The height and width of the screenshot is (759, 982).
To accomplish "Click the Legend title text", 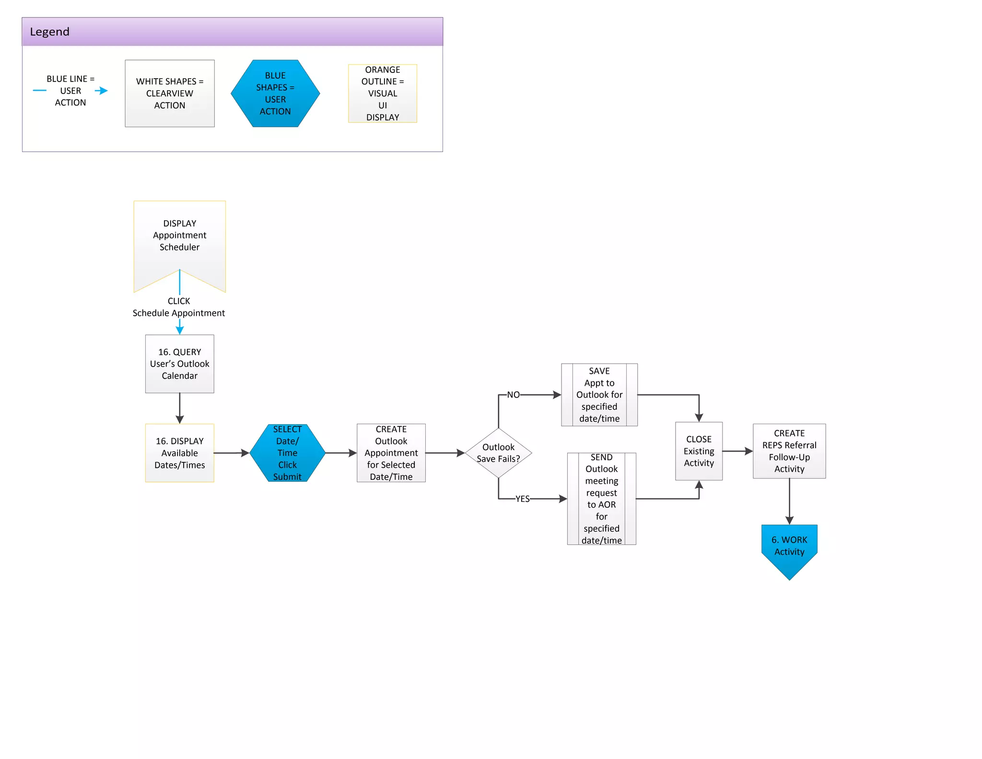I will pos(49,32).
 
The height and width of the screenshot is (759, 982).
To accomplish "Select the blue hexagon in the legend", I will pos(275,94).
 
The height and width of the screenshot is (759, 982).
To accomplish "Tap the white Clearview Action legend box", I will pos(170,94).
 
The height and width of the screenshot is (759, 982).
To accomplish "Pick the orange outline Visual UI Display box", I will pos(382,94).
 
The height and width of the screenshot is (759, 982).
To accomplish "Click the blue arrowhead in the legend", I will pos(102,91).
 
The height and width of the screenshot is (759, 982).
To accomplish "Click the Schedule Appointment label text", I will pos(178,313).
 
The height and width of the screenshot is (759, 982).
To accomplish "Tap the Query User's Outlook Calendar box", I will pos(179,364).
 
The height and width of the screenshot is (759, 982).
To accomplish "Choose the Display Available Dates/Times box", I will pos(179,453).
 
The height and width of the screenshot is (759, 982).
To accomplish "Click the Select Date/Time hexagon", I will pos(287,453).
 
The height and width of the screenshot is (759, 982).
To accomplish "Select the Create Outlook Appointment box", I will pos(391,453).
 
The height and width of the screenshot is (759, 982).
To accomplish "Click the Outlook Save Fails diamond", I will pos(498,453).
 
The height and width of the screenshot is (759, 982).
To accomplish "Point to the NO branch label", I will pos(513,395).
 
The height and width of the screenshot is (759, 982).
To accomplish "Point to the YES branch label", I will pos(522,499).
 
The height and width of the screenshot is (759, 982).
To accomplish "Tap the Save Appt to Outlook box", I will pos(599,395).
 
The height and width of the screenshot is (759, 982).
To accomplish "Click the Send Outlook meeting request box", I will pos(601,499).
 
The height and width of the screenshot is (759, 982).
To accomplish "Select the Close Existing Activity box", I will pos(699,451).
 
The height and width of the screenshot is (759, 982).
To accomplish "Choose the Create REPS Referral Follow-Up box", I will pos(789,451).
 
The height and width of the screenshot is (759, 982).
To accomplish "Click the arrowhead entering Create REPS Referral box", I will pos(749,451).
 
